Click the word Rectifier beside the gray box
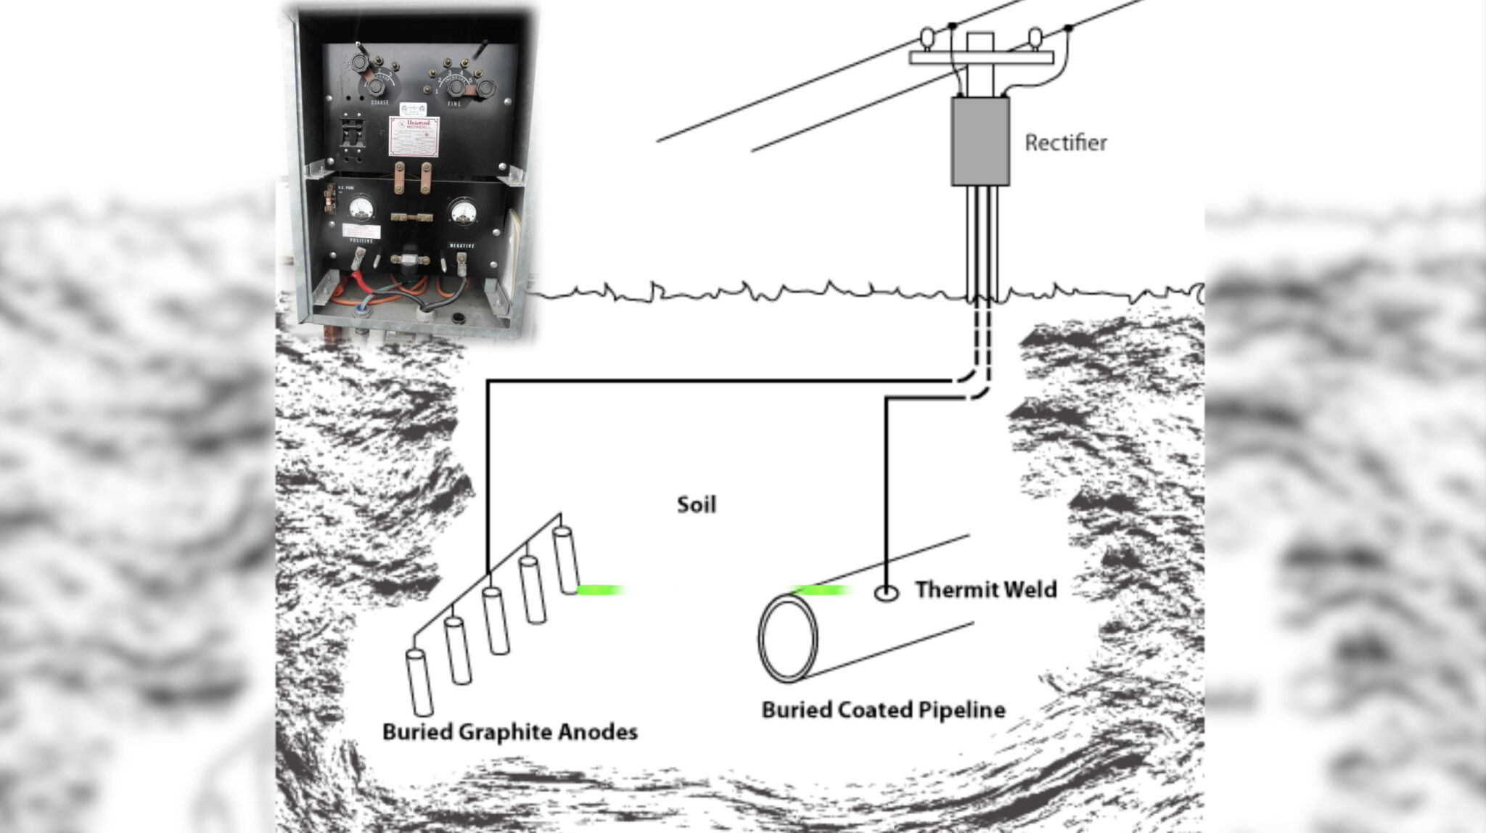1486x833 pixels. point(1065,143)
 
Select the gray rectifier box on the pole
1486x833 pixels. point(980,141)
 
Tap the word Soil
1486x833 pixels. point(697,504)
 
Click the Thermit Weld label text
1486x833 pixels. point(985,589)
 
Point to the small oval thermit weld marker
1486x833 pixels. point(886,594)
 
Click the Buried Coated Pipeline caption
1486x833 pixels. point(883,710)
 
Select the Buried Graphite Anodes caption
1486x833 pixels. point(509,731)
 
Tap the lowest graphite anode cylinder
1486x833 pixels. point(419,682)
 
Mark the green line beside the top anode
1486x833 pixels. point(600,590)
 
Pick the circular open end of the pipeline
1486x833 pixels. point(788,638)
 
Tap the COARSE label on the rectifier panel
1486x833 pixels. point(379,102)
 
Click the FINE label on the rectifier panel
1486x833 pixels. point(453,104)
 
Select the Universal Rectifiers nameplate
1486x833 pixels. point(414,137)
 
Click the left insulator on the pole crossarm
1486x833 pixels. point(927,37)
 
